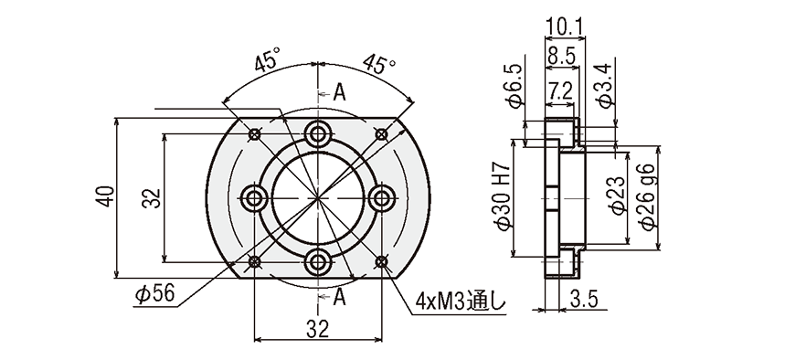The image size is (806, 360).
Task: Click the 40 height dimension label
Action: (x=106, y=196)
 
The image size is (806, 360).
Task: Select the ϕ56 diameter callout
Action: (x=154, y=294)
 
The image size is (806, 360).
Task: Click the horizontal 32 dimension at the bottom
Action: (x=318, y=329)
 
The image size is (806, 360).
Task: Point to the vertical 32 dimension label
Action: (x=152, y=198)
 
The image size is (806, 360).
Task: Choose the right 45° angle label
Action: (x=379, y=63)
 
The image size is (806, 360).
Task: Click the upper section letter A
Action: (x=339, y=93)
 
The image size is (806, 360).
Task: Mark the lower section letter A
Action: (x=339, y=297)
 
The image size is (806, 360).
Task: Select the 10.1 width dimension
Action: (x=564, y=26)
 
